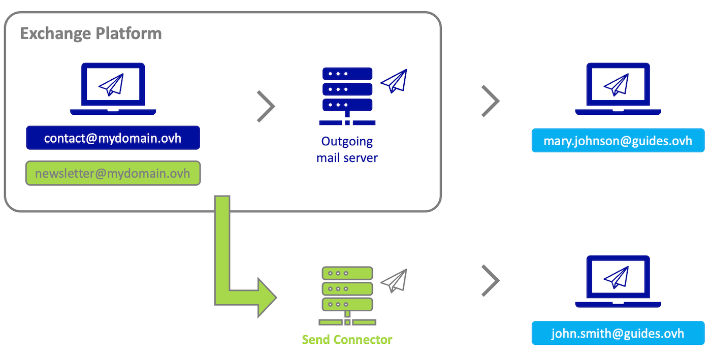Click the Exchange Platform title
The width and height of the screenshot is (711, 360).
point(91,34)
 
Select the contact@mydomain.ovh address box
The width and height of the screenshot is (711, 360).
point(113,138)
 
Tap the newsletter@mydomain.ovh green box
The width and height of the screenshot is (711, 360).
point(113,174)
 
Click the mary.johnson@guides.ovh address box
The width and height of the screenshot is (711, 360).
point(618,141)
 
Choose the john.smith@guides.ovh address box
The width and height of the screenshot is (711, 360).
point(618,333)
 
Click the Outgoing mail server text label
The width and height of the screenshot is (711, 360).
point(347,149)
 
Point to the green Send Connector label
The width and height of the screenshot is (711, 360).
point(347,339)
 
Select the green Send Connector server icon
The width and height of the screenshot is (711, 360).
point(347,296)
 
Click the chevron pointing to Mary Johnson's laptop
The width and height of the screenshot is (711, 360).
point(491,101)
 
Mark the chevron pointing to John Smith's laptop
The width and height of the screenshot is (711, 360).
point(491,280)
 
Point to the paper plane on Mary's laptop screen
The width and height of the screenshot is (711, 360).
point(617,85)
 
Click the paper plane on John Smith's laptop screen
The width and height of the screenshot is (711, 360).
point(617,277)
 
